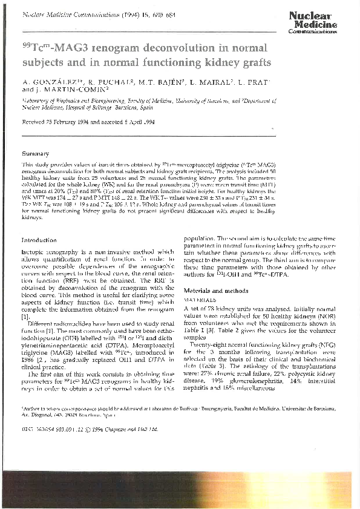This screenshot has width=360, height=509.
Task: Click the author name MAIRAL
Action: [217, 81]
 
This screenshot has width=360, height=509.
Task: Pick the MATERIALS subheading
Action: [199, 300]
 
